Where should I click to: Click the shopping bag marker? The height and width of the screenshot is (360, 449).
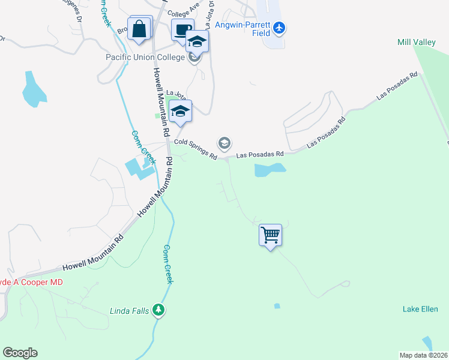pos(140,29)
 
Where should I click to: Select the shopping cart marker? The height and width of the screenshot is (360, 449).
pos(270,235)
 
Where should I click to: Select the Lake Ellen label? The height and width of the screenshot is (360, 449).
pos(420,309)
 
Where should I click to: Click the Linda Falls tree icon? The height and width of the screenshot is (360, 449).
pos(158,310)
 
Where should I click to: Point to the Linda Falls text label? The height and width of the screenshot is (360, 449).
pos(128,311)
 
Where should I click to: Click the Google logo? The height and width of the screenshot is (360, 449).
pos(20,353)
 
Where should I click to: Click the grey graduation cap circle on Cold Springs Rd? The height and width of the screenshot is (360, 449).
pos(224,143)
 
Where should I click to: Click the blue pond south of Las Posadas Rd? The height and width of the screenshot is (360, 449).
pos(270,170)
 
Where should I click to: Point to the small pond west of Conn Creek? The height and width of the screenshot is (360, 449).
pos(32,89)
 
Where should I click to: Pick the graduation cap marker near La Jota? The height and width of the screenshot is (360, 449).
pos(180,111)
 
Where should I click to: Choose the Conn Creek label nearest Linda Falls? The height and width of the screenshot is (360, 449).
pos(169,264)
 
